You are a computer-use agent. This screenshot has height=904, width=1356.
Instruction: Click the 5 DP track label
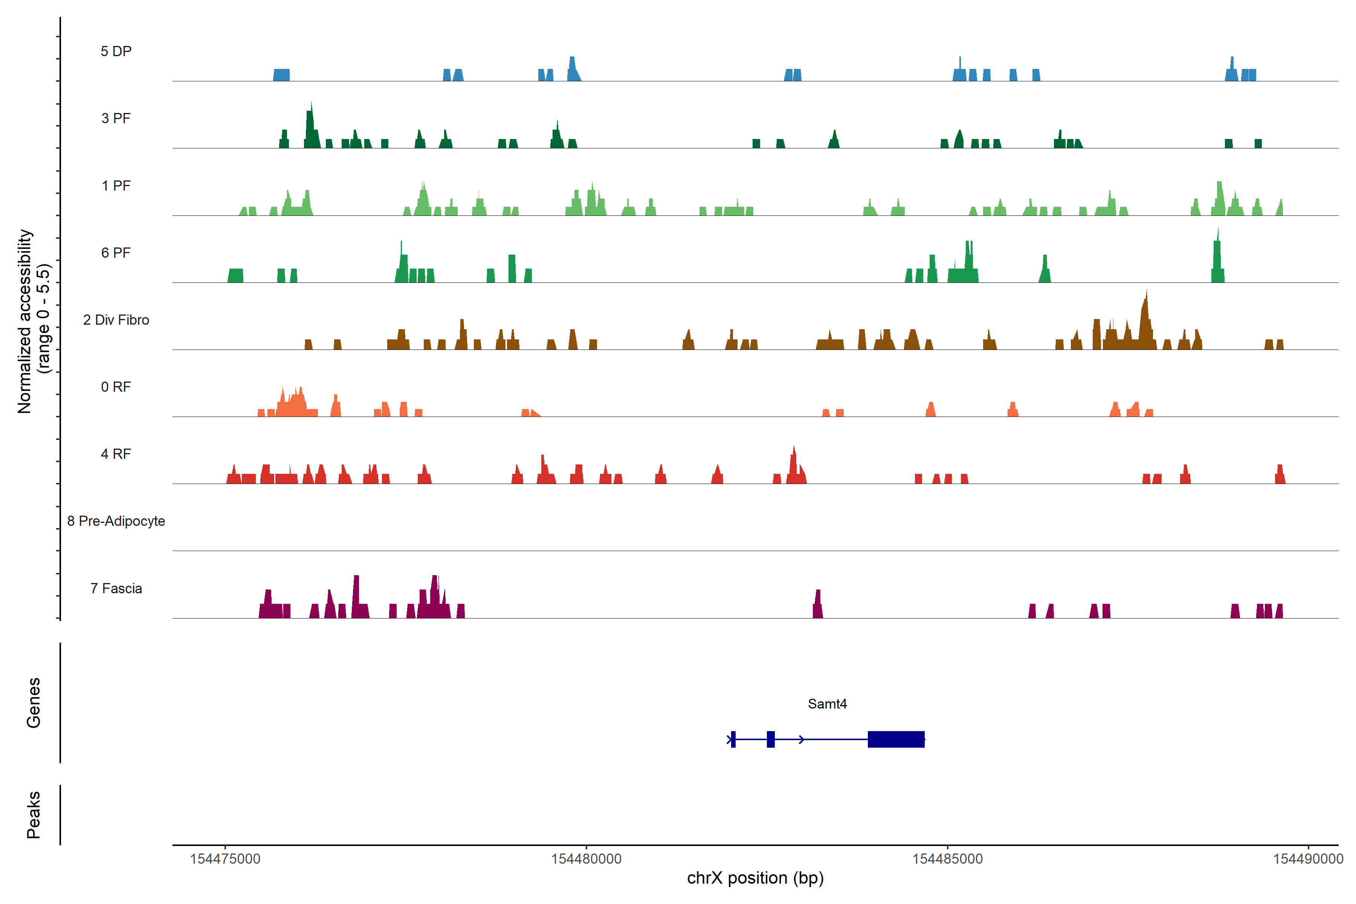[116, 51]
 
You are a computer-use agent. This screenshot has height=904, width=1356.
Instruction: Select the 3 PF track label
[116, 118]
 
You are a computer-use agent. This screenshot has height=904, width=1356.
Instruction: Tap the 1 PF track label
[116, 186]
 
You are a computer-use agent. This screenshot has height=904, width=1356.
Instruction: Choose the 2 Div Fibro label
[116, 320]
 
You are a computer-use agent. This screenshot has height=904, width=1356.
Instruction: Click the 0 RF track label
[116, 387]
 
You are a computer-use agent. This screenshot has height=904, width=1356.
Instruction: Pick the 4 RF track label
[116, 454]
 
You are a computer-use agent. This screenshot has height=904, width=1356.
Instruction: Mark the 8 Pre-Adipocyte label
[116, 521]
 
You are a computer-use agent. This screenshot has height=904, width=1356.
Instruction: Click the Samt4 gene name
[827, 704]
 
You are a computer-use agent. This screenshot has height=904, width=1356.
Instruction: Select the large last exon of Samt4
[896, 739]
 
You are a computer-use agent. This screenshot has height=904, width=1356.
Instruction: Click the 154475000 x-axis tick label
[225, 859]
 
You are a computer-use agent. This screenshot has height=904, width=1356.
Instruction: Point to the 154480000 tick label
[586, 859]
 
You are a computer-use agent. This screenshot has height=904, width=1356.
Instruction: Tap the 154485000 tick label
[947, 859]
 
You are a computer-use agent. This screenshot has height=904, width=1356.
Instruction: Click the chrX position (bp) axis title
[755, 878]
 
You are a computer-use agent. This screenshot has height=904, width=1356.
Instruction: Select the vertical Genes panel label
[34, 703]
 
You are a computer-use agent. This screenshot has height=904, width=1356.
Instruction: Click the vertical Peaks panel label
[34, 815]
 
